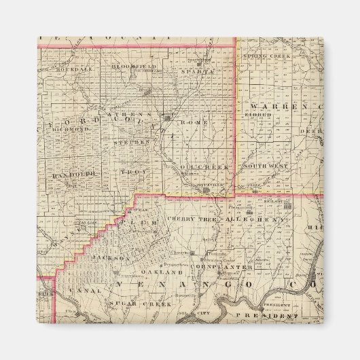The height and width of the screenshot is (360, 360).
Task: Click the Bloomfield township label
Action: click(x=130, y=66)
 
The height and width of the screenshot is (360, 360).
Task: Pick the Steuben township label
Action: click(x=129, y=143)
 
